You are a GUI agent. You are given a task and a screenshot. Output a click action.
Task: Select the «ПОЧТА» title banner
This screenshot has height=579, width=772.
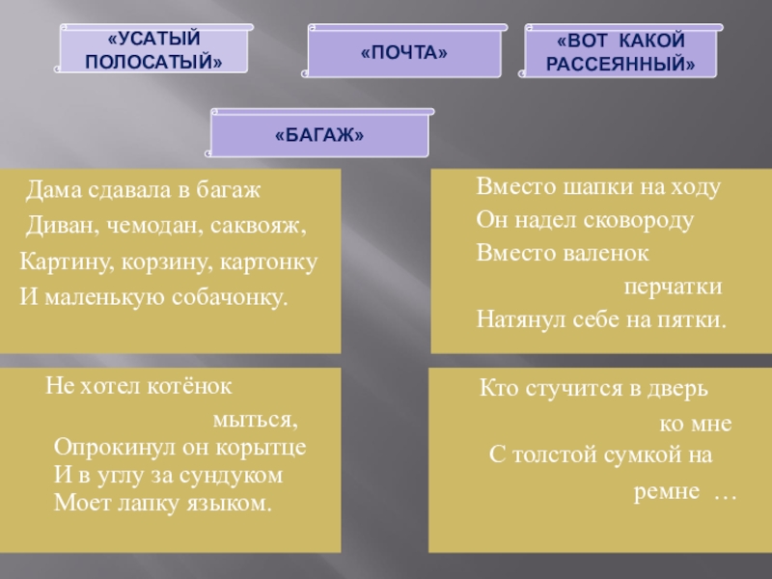[x=403, y=51]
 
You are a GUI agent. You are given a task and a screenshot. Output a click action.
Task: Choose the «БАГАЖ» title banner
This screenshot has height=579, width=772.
[x=319, y=134]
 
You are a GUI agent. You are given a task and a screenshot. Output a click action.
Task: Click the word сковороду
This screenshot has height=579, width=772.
[x=636, y=220]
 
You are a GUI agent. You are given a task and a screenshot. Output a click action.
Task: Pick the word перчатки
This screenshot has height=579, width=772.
[x=673, y=288]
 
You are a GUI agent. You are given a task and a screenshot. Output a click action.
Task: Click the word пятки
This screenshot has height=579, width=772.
[x=694, y=319]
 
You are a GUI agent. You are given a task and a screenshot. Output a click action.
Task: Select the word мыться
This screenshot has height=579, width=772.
[x=256, y=421]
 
